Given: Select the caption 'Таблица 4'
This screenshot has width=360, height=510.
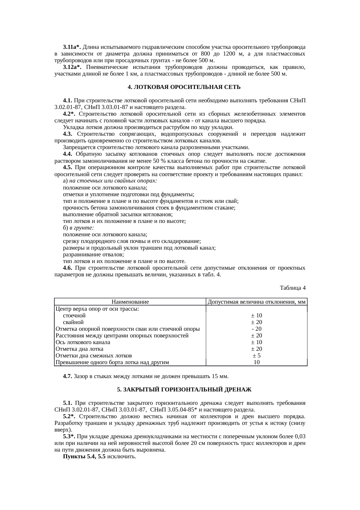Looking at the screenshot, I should point(292,288).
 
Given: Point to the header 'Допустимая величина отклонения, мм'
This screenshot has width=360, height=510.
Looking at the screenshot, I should point(257,302).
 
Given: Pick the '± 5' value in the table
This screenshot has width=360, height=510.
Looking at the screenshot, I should point(257,356).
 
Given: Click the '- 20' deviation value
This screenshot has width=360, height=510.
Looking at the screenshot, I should point(257,329).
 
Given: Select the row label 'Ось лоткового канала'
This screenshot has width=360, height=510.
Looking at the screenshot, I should point(83,342).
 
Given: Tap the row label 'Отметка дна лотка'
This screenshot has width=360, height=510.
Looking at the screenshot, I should point(79,349).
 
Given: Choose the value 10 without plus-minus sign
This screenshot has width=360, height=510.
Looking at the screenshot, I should point(257,362).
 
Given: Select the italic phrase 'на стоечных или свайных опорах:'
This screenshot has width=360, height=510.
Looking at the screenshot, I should point(114,181).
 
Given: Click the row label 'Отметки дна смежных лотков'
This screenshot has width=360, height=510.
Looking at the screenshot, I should point(93,356).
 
